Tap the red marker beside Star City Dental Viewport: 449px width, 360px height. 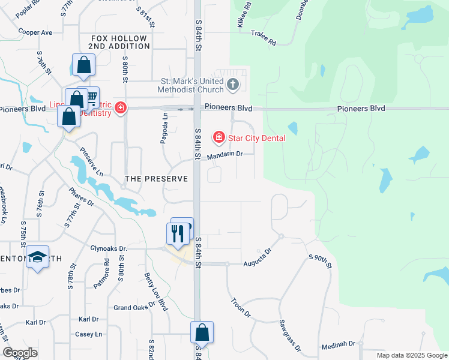point(218,138)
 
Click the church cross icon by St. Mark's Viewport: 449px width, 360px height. point(233,85)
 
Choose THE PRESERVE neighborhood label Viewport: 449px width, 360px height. point(156,179)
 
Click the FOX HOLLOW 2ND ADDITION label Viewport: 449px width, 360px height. point(119,42)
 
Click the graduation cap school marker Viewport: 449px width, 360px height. point(37,257)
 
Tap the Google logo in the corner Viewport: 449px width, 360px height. point(20,353)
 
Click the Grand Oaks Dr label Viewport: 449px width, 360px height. point(131,308)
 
